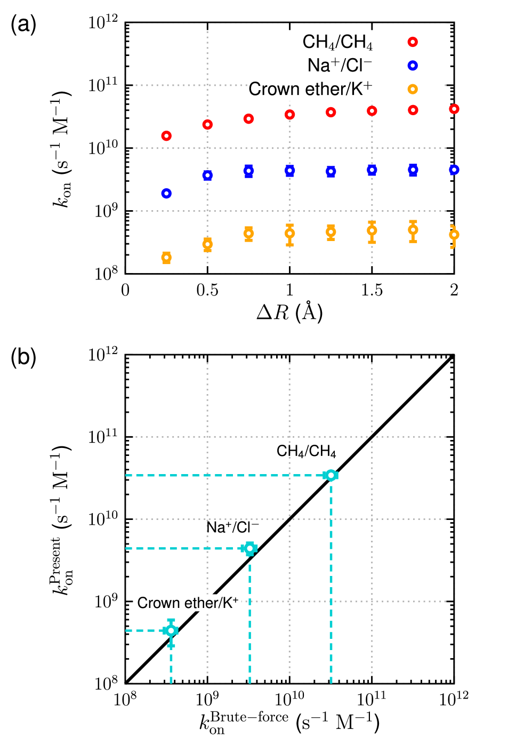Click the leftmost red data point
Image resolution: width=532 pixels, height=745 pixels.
(166, 136)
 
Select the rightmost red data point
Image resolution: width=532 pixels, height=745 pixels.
(454, 109)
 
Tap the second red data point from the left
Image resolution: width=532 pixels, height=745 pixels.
(207, 124)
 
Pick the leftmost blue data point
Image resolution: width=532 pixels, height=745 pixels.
(166, 193)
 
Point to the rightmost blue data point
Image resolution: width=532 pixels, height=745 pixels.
(454, 170)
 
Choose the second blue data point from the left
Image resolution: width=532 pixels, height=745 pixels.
(207, 175)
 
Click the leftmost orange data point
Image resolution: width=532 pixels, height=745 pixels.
(166, 258)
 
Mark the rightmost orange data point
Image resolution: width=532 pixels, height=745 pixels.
(454, 234)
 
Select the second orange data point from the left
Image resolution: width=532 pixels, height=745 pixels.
(207, 244)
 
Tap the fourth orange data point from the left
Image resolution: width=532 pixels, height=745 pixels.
(289, 233)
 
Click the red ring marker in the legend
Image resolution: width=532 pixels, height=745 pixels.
(413, 42)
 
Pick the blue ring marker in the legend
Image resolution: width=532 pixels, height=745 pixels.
(413, 66)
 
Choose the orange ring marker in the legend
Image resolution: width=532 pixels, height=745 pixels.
(413, 89)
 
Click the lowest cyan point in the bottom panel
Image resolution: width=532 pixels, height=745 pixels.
(171, 630)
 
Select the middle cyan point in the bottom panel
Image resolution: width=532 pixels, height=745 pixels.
(249, 548)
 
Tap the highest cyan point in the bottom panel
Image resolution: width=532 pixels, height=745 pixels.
(331, 475)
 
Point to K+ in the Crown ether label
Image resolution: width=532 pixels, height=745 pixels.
(229, 603)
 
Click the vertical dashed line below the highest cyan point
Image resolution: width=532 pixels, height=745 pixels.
(331, 587)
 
